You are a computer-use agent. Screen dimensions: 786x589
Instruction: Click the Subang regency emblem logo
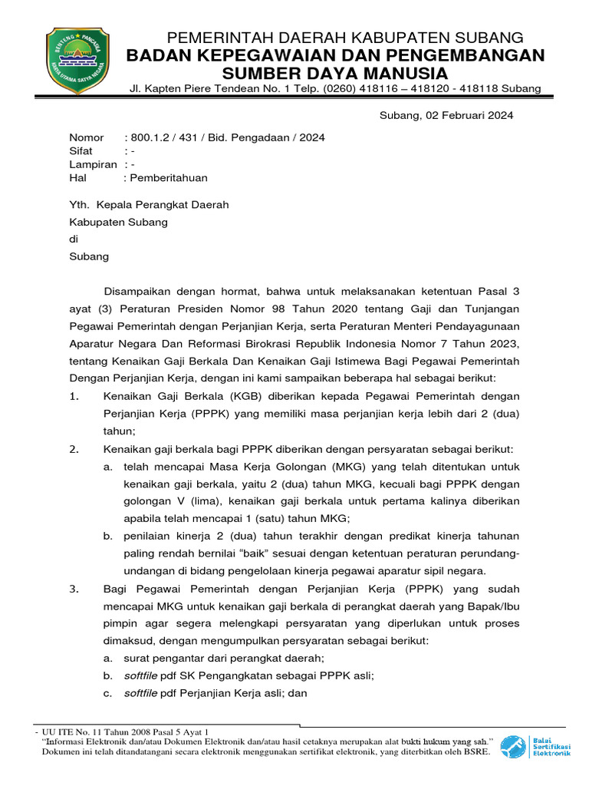[x=78, y=60]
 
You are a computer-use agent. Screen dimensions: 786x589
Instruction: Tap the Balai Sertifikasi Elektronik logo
[x=536, y=746]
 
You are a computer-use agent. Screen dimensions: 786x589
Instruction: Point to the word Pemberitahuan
[x=169, y=178]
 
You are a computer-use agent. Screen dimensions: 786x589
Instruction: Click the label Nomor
[x=86, y=137]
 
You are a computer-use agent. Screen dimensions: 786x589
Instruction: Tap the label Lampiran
[x=93, y=164]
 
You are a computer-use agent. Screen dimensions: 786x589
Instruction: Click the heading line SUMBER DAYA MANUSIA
[x=334, y=73]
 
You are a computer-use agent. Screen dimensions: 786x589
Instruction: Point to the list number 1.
[x=74, y=396]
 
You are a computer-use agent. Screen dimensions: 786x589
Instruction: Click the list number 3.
[x=74, y=589]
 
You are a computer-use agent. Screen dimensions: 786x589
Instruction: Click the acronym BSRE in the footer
[x=476, y=751]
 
